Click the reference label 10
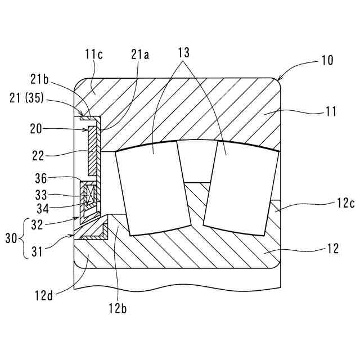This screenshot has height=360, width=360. (x=327, y=60)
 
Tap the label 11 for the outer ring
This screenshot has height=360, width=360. (x=331, y=111)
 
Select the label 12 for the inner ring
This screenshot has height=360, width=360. (x=332, y=249)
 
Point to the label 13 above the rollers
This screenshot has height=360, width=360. (x=184, y=52)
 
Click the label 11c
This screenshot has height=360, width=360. (x=94, y=55)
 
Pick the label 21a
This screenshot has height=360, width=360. (x=140, y=55)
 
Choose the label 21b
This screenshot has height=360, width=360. (x=39, y=79)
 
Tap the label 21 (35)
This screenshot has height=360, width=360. (x=26, y=98)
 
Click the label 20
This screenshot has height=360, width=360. (x=36, y=129)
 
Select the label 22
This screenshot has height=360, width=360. (x=38, y=156)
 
